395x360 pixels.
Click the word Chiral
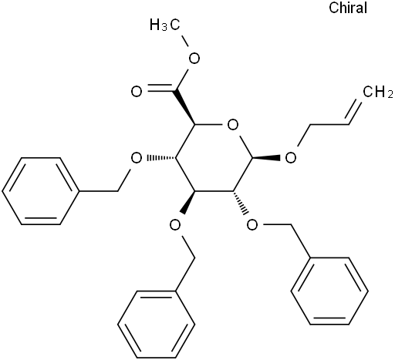pos(348,8)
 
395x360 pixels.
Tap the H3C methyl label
pos(165,25)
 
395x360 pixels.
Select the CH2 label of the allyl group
pos(378,92)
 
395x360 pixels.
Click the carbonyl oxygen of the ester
pos(137,92)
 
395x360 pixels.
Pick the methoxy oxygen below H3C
pos(194,59)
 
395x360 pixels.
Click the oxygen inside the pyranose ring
pos(233,125)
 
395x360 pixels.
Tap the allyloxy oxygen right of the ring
pos(291,158)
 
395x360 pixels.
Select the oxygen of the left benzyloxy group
pos(137,158)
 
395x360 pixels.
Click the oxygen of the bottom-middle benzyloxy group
pos(175,225)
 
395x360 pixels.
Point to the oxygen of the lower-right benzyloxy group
pos(252,225)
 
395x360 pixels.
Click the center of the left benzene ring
pos(40,191)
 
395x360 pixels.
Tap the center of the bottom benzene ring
pos(156,325)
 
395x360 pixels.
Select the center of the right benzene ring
pos(329,291)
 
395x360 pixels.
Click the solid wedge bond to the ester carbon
pos(185,108)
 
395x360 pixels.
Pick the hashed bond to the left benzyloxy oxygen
pos(161,158)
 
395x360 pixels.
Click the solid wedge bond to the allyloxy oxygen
pos(266,158)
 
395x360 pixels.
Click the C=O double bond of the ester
pos(161,89)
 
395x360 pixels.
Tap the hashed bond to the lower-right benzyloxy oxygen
pos(241,203)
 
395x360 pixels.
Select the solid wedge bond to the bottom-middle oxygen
pos(189,203)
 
